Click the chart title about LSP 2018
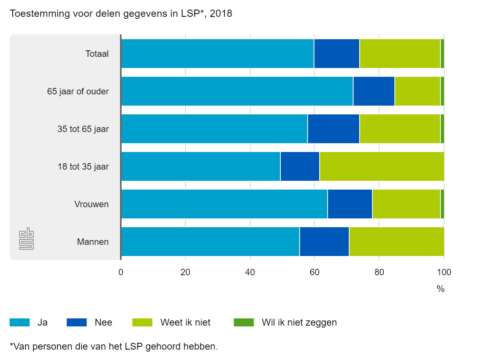tap(121, 14)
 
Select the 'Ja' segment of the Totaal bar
tap(217, 54)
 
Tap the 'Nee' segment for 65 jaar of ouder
tap(374, 91)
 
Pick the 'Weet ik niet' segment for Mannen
tap(396, 242)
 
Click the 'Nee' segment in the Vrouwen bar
tap(350, 204)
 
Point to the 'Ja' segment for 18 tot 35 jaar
tap(200, 166)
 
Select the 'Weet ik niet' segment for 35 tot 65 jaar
tap(400, 129)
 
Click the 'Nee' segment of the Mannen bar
tap(324, 242)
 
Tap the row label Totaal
tap(97, 54)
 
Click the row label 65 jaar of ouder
tap(78, 91)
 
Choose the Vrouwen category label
tap(91, 204)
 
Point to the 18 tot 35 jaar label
tap(83, 166)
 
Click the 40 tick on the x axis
tap(250, 273)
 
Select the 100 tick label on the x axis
tap(444, 273)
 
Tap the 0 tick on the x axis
tap(121, 273)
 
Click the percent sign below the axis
tap(440, 289)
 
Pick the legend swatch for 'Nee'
tap(76, 322)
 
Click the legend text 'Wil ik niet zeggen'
tap(299, 322)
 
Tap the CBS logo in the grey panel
tap(27, 239)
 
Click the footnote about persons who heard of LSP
tap(114, 346)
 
